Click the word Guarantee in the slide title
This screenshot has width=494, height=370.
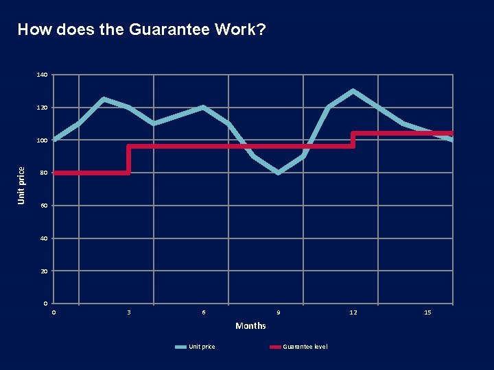pos(161,30)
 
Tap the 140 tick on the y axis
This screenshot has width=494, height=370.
pos(43,75)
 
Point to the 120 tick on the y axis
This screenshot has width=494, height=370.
pos(43,108)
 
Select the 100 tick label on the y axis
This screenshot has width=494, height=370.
pos(43,140)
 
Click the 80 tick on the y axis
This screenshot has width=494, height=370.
pos(44,173)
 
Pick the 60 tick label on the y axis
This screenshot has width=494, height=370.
pos(44,206)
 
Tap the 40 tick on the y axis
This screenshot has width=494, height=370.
pos(44,238)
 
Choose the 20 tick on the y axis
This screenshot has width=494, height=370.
pos(44,271)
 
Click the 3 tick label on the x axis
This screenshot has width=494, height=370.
pos(129,312)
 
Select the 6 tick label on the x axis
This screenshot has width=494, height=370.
pos(203,312)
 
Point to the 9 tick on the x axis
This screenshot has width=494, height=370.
pos(278,312)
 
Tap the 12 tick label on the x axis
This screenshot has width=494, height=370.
pos(353,312)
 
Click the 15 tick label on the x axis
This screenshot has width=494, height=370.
pos(427,312)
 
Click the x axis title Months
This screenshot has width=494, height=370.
pos(250,325)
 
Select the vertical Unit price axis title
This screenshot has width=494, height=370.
pos(21,186)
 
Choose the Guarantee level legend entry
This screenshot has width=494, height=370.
pos(299,347)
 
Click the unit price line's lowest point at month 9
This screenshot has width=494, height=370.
pos(278,173)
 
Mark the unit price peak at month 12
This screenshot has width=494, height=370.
pos(353,91)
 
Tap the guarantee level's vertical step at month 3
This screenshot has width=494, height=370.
pos(129,160)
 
